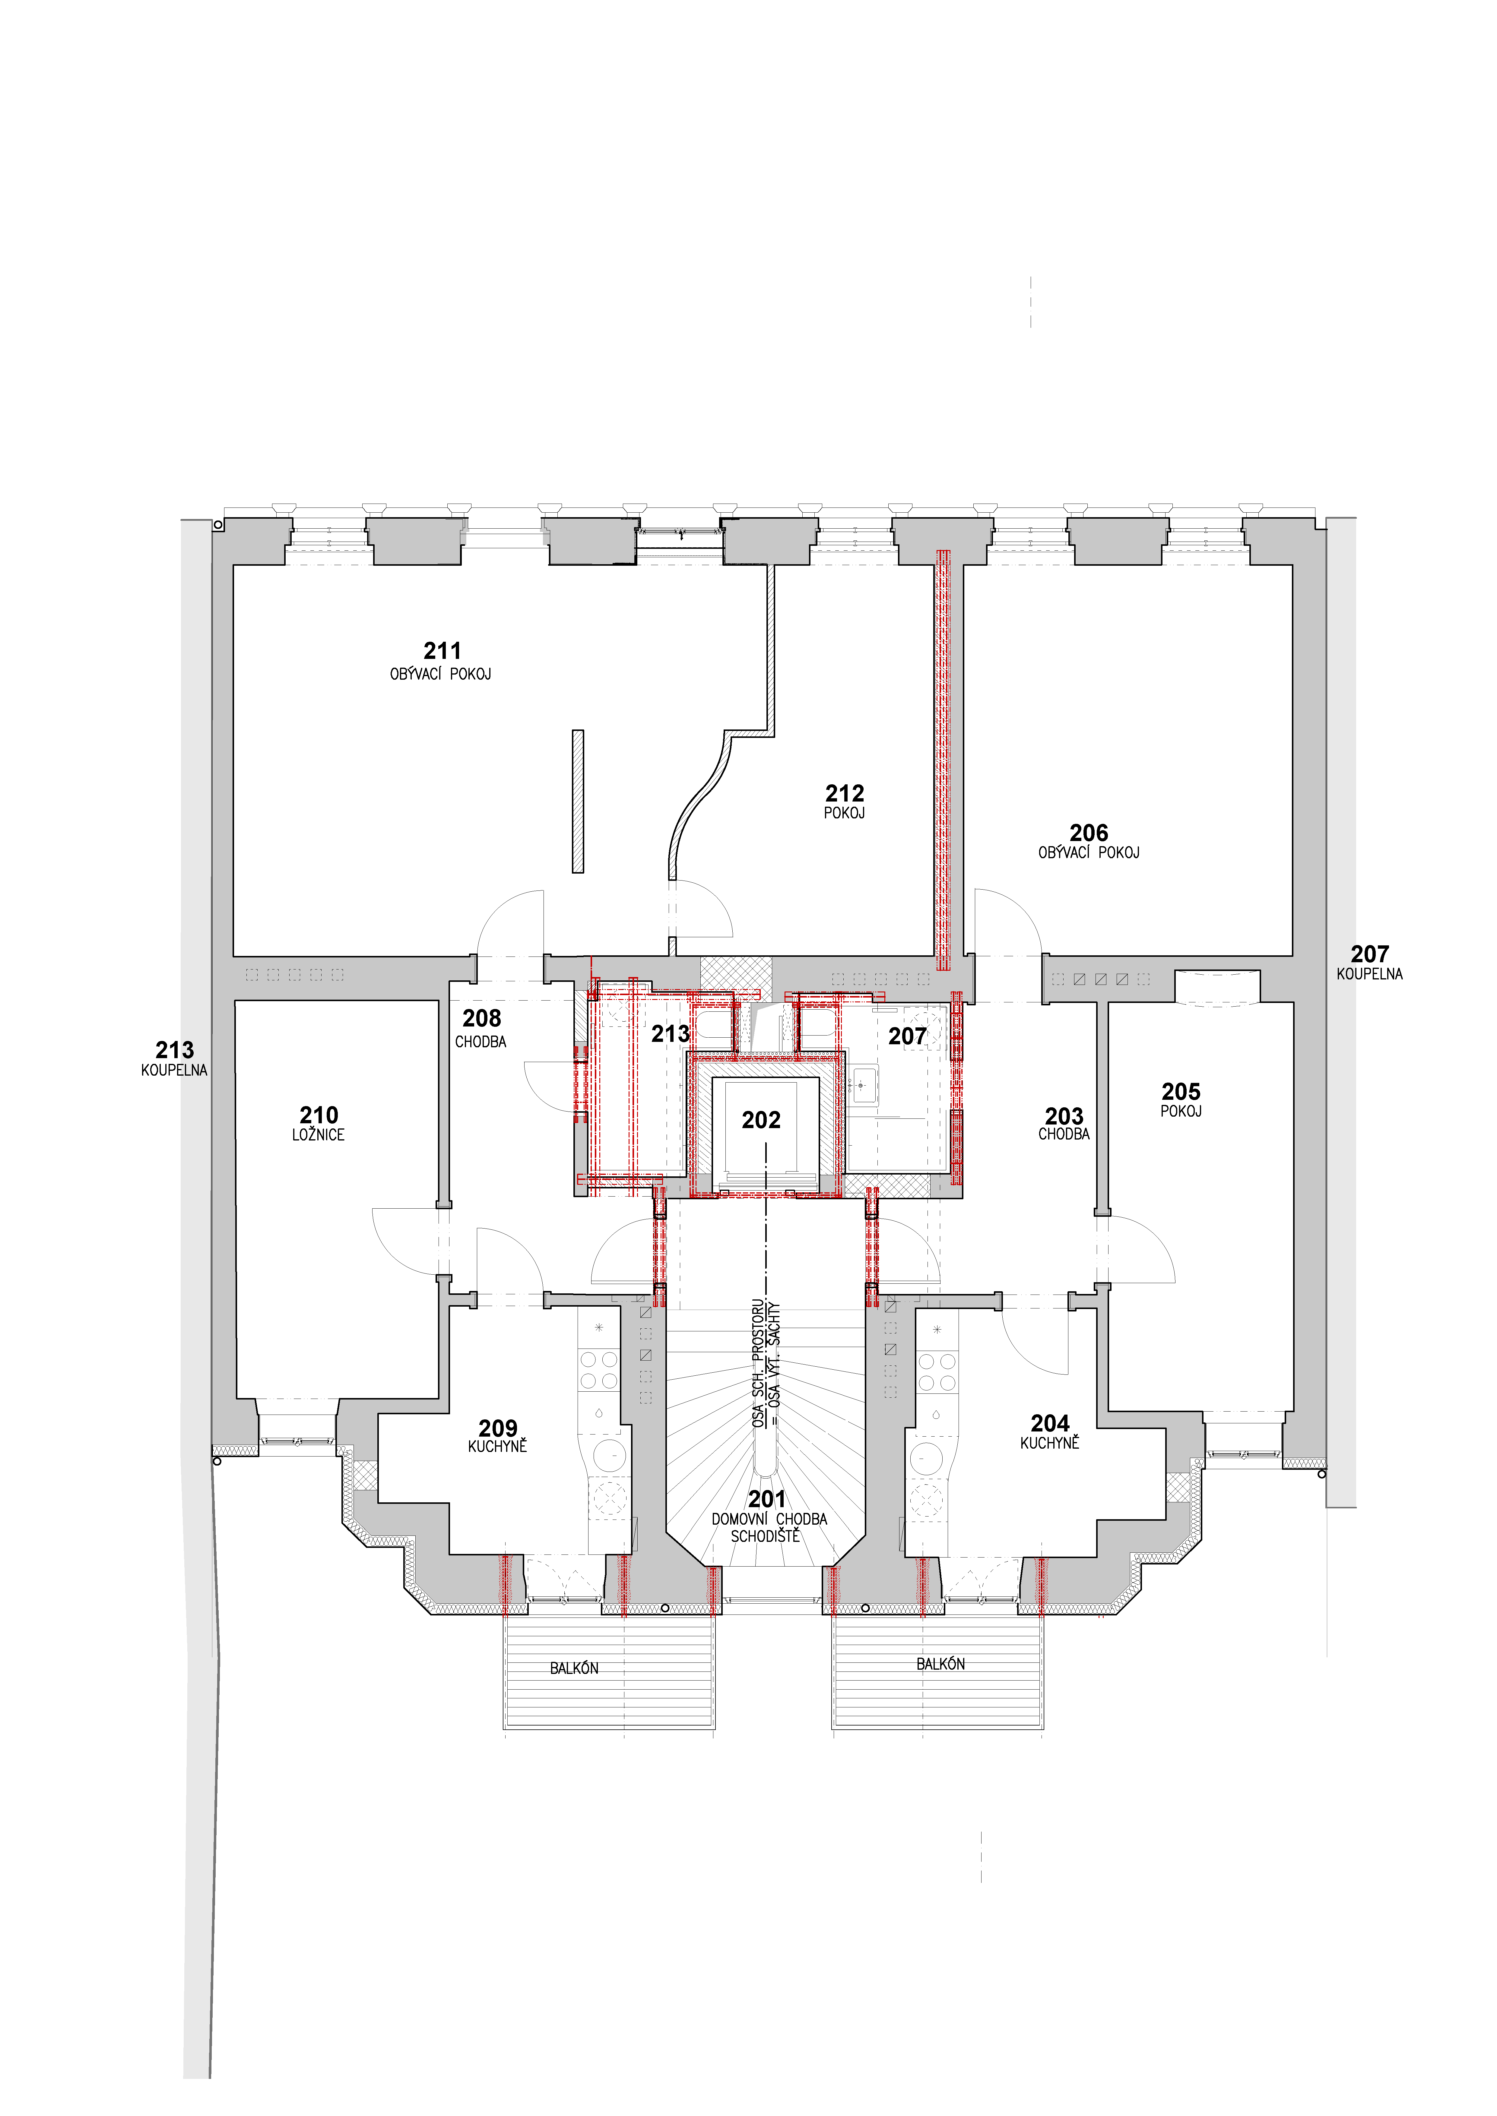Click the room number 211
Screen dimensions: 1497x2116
pyautogui.click(x=442, y=651)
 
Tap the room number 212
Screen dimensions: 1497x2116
pyautogui.click(x=844, y=793)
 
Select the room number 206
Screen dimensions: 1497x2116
pyautogui.click(x=1089, y=833)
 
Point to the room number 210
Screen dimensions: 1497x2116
pyautogui.click(x=319, y=1115)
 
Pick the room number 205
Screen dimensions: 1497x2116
pyautogui.click(x=1181, y=1092)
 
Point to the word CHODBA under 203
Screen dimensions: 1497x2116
pyautogui.click(x=1064, y=1134)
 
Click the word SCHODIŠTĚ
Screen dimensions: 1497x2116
pyautogui.click(x=765, y=1536)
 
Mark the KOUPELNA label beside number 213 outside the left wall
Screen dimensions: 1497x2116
pyautogui.click(x=174, y=1071)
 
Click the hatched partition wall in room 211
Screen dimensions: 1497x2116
pyautogui.click(x=578, y=801)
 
